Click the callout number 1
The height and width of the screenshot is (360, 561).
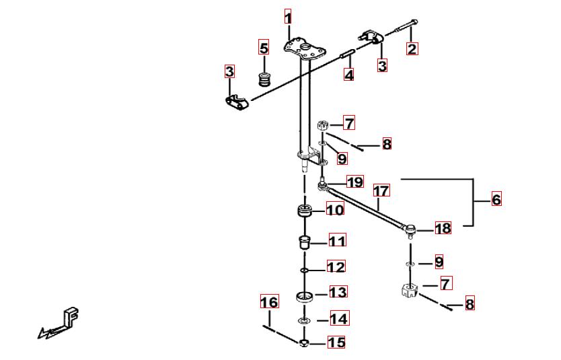pyautogui.click(x=288, y=17)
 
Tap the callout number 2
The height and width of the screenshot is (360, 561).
pyautogui.click(x=412, y=48)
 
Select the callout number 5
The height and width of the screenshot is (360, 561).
pyautogui.click(x=264, y=47)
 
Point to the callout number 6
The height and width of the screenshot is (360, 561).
pyautogui.click(x=496, y=199)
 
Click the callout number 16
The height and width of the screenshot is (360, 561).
pyautogui.click(x=270, y=301)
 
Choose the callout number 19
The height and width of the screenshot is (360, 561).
pyautogui.click(x=355, y=182)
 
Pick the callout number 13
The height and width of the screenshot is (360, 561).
pyautogui.click(x=338, y=292)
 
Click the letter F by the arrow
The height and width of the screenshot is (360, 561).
pyautogui.click(x=71, y=316)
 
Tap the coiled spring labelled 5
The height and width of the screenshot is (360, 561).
pyautogui.click(x=264, y=79)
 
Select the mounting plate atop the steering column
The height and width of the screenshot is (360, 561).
pyautogui.click(x=305, y=49)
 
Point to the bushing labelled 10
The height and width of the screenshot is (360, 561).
pyautogui.click(x=305, y=211)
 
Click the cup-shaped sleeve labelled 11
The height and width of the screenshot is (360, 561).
pyautogui.click(x=304, y=242)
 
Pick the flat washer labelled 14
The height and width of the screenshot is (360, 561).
pyautogui.click(x=304, y=319)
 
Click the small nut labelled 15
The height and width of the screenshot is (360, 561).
pyautogui.click(x=304, y=343)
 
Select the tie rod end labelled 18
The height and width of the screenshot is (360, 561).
pyautogui.click(x=410, y=229)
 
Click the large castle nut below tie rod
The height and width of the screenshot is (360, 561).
pyautogui.click(x=408, y=290)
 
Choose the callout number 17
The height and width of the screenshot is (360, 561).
pyautogui.click(x=381, y=190)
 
